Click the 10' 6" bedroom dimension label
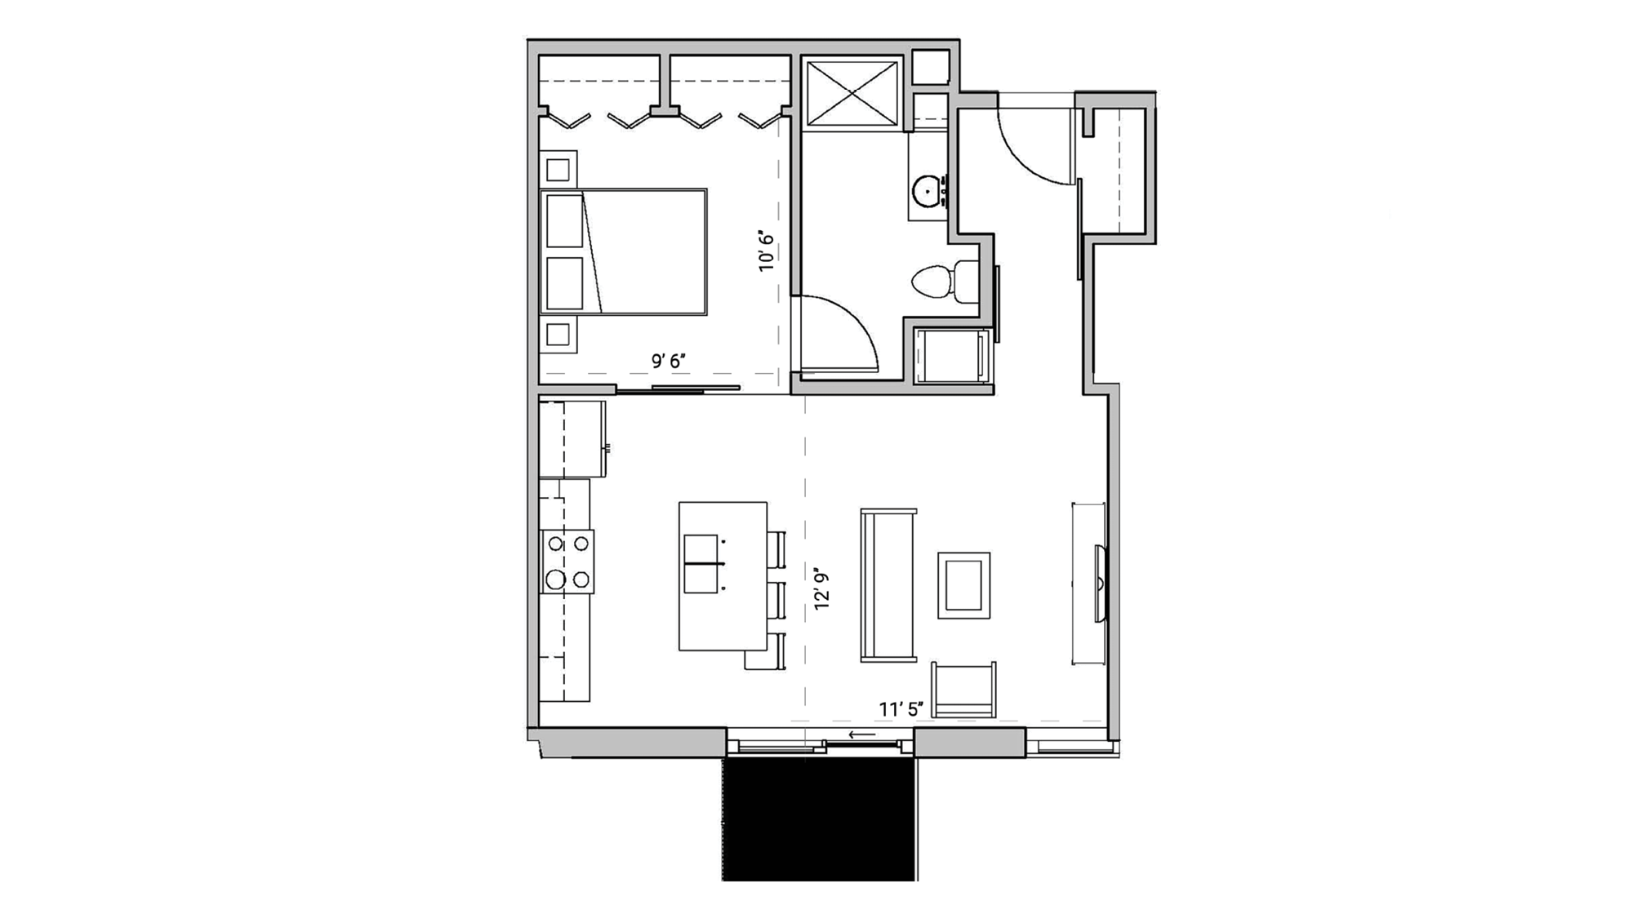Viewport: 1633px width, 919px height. pyautogui.click(x=766, y=251)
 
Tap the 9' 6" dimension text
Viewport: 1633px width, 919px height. pyautogui.click(x=668, y=361)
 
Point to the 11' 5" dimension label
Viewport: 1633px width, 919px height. pyautogui.click(x=901, y=709)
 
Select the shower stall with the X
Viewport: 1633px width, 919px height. pyautogui.click(x=852, y=93)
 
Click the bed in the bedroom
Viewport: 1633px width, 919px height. pyautogui.click(x=624, y=251)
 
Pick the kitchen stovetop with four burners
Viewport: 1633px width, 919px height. pyautogui.click(x=567, y=562)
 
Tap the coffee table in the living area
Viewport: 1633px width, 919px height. pyautogui.click(x=963, y=585)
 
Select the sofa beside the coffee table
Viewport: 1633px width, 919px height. pyautogui.click(x=888, y=585)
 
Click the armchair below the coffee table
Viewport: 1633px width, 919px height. pyautogui.click(x=963, y=689)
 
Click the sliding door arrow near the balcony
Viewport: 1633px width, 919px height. pyautogui.click(x=862, y=735)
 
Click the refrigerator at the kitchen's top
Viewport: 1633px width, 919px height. pyautogui.click(x=572, y=439)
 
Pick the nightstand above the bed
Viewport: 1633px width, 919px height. pyautogui.click(x=558, y=170)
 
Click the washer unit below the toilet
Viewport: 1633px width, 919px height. pyautogui.click(x=951, y=356)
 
